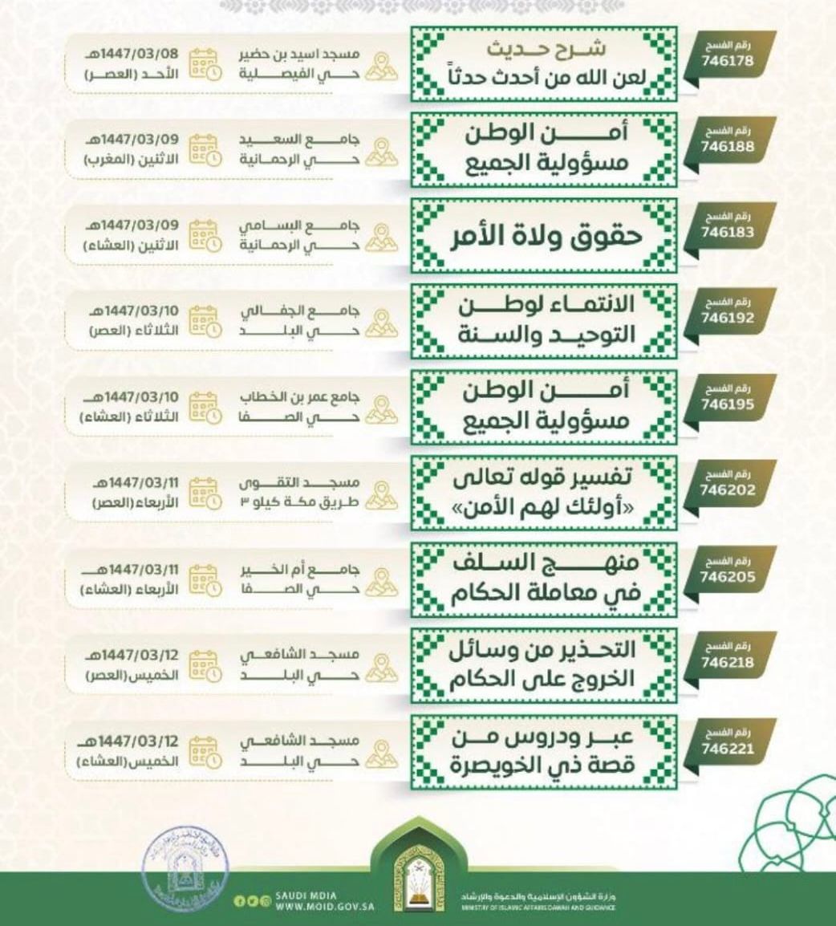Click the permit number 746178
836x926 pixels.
point(727,61)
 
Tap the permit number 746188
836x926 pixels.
point(727,147)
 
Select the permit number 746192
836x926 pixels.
point(727,318)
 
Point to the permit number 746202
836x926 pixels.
point(727,489)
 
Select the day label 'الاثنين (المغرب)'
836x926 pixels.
point(132,160)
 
